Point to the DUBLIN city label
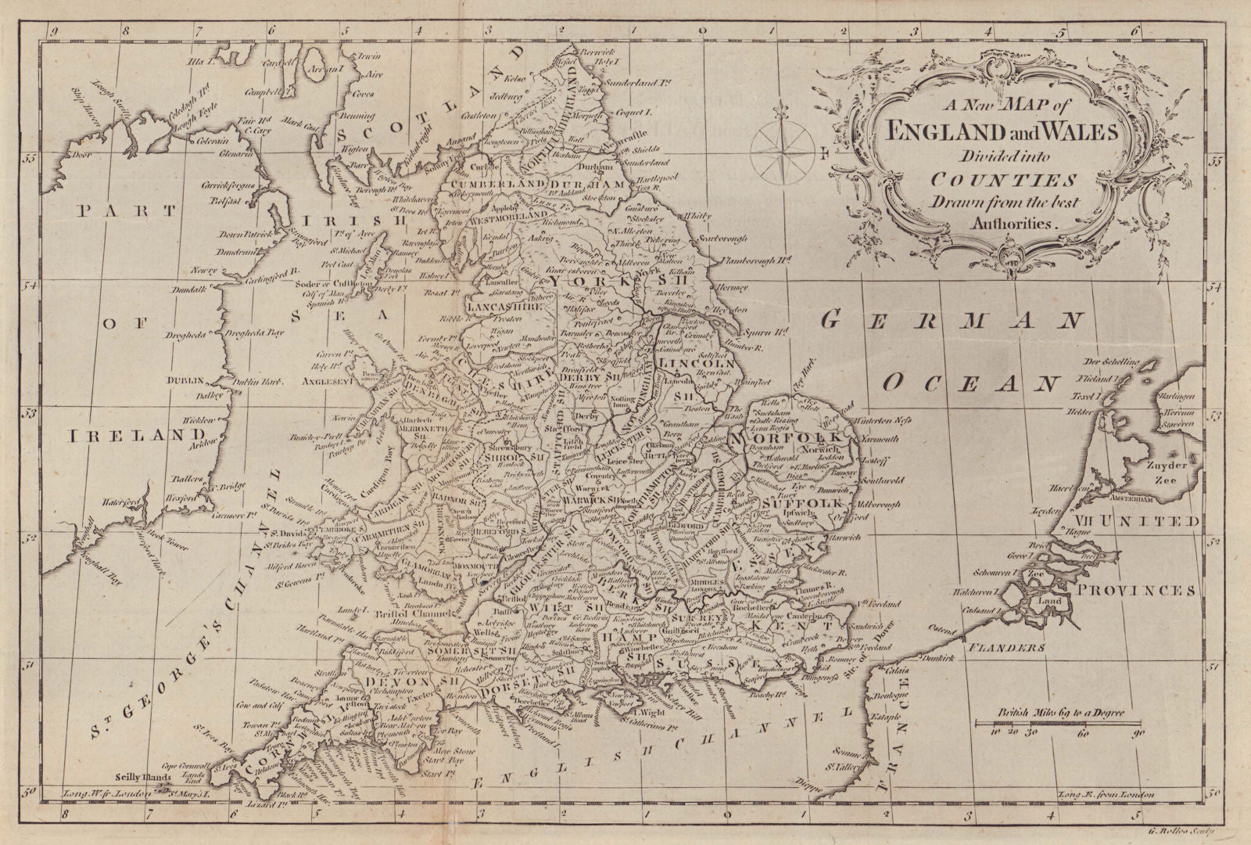(183, 380)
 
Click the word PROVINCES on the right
(1148, 591)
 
